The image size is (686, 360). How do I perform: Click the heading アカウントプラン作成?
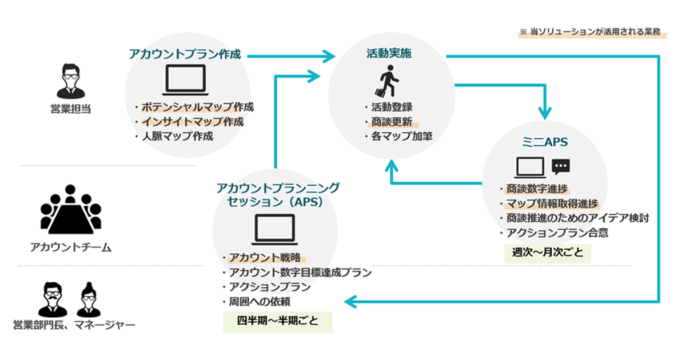(184, 54)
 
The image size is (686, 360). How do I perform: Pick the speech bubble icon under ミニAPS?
(561, 166)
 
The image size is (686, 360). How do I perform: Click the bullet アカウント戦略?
(264, 257)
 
